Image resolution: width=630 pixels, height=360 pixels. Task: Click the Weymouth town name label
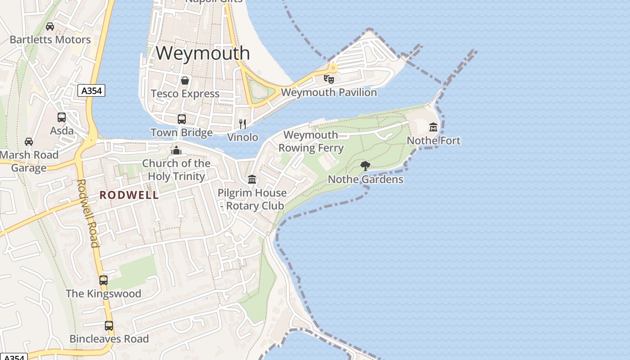(202, 53)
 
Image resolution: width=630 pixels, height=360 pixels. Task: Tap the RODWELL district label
(129, 195)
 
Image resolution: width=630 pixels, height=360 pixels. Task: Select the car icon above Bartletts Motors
(50, 27)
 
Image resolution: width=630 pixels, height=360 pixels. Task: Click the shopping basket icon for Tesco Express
(184, 81)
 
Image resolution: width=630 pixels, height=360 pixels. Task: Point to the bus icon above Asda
(62, 117)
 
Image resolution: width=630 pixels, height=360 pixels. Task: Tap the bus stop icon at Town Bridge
(182, 119)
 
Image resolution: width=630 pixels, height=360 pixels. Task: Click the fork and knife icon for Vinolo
(243, 124)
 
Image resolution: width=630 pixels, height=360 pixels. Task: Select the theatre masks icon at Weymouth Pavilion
(329, 79)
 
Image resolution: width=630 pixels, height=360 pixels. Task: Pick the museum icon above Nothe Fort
(433, 127)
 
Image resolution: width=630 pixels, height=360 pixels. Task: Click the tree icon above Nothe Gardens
(365, 166)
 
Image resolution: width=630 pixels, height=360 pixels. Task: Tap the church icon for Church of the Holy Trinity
(176, 150)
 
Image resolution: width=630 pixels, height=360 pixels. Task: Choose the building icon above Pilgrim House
(252, 180)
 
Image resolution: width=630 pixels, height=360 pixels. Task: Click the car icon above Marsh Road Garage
(29, 142)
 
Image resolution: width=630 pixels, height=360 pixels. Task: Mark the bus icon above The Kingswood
(103, 280)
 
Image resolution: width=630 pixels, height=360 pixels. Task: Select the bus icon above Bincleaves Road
(109, 325)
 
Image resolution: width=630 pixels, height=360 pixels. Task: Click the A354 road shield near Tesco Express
(91, 90)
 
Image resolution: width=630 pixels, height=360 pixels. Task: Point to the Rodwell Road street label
(88, 213)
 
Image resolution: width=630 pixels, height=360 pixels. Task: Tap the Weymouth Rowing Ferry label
(311, 141)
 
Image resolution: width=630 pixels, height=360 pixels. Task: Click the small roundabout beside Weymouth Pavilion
(333, 68)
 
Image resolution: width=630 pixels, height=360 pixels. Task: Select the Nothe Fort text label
(433, 141)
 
